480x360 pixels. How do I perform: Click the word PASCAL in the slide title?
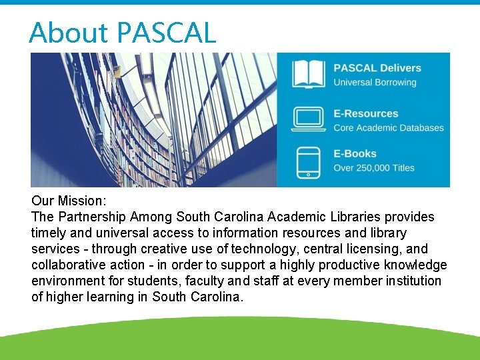click(167, 33)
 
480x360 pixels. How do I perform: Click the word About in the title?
click(69, 33)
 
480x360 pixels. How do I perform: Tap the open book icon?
click(309, 75)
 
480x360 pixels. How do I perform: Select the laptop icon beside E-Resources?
click(309, 120)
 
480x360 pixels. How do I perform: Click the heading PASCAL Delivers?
click(377, 68)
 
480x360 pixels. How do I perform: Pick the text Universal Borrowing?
click(375, 83)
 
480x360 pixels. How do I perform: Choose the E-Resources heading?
click(365, 113)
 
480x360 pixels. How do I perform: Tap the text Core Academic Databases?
click(388, 128)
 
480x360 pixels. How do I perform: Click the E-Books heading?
click(355, 153)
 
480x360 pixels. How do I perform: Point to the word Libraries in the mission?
click(361, 217)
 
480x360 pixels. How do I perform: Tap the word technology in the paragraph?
click(283, 249)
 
